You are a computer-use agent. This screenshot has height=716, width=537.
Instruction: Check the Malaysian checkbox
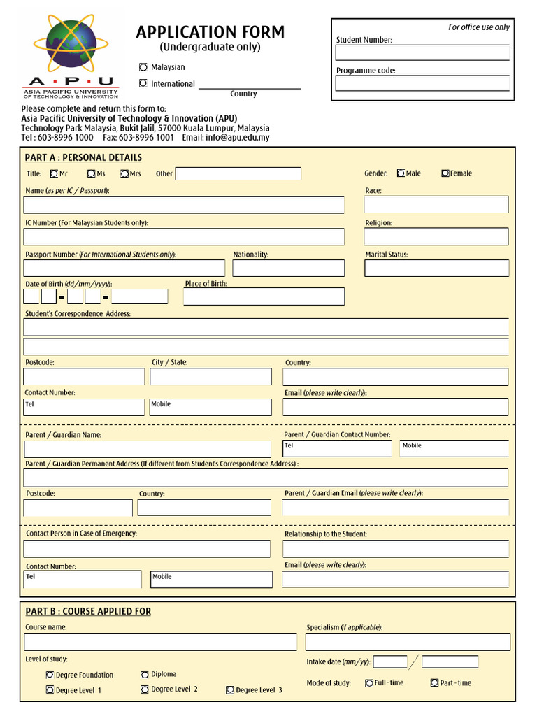pos(143,67)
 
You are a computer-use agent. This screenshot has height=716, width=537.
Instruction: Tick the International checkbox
pos(143,83)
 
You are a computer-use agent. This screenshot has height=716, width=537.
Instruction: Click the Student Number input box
pos(422,53)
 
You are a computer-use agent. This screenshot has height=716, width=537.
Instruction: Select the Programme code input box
pos(422,84)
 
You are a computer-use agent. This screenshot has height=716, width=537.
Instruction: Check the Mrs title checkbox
pos(124,173)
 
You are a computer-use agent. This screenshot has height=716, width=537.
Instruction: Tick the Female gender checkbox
pos(445,173)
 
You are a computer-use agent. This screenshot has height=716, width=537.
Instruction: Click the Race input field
pos(436,204)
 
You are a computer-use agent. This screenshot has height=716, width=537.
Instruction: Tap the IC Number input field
pos(184,236)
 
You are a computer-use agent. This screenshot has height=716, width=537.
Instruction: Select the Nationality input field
pos(288,268)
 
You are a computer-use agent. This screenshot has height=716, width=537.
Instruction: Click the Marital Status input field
pos(436,268)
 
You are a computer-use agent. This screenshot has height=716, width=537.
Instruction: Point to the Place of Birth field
pos(264,296)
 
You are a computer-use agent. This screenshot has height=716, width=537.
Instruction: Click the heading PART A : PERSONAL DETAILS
pos(83,157)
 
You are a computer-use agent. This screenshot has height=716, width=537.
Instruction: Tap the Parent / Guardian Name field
pos(147,449)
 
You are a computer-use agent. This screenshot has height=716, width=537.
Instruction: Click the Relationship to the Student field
pos(395,549)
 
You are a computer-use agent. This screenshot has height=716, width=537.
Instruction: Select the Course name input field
pos(160,642)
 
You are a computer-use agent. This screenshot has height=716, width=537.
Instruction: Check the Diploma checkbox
pos(145,675)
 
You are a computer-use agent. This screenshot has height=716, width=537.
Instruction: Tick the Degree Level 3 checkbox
pos(230,690)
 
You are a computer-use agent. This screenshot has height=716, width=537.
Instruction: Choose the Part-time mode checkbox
pos(434,683)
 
